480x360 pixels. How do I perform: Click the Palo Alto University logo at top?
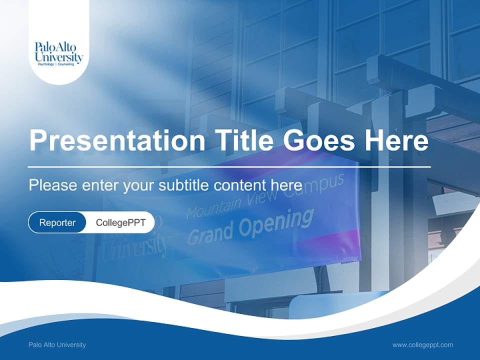(58, 53)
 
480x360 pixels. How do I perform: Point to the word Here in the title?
(396, 141)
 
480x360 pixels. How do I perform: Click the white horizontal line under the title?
(229, 166)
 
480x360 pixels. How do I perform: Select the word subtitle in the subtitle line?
(183, 185)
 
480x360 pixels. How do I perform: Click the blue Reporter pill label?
(57, 222)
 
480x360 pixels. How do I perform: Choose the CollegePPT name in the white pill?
(120, 222)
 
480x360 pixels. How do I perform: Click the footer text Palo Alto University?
(57, 344)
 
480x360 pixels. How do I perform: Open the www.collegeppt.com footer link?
(422, 344)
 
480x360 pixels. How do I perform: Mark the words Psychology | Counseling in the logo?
(59, 64)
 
